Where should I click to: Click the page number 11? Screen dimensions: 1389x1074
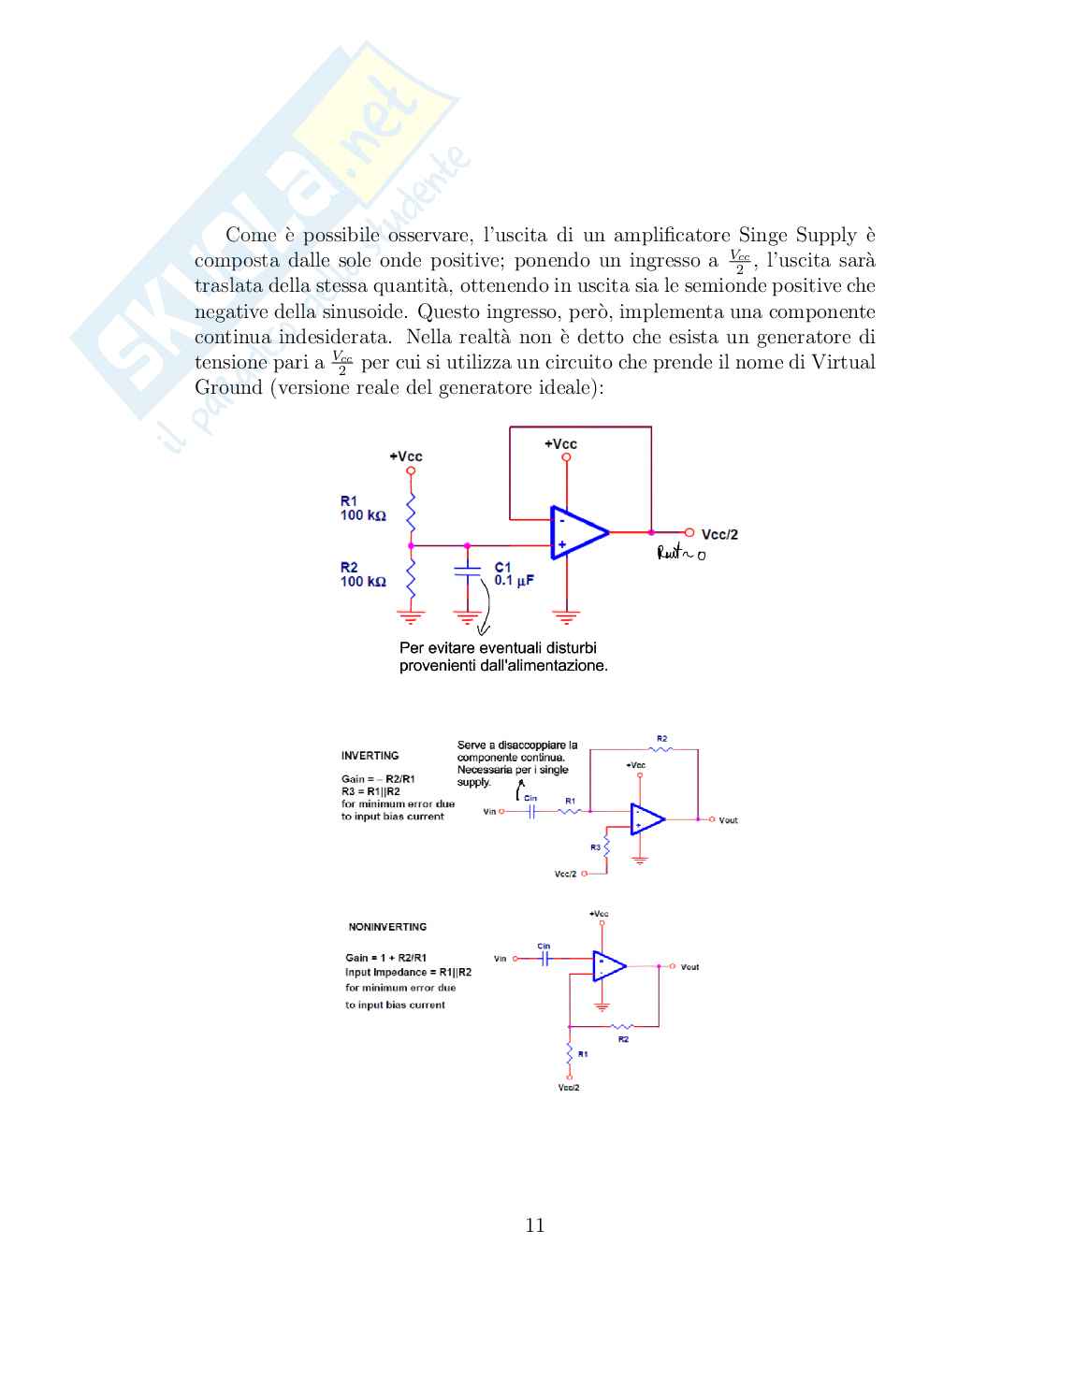(x=535, y=1225)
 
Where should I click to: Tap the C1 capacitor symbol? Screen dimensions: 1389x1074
(x=467, y=572)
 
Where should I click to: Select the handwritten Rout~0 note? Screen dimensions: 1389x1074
(x=681, y=554)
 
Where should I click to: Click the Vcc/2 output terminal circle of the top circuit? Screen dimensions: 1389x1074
(x=689, y=532)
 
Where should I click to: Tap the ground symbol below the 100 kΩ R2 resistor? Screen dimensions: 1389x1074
(x=411, y=615)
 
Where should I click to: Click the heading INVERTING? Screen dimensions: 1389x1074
(x=370, y=756)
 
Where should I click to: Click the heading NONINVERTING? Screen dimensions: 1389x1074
(x=387, y=927)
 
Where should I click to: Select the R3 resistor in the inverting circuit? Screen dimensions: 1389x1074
(x=607, y=847)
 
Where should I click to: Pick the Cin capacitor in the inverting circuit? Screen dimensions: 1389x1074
(x=530, y=811)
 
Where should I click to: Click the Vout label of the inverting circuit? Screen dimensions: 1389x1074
(x=728, y=820)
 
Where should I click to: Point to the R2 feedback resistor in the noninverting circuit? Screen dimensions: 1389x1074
(x=622, y=1027)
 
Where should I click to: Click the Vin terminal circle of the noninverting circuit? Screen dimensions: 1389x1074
(x=515, y=959)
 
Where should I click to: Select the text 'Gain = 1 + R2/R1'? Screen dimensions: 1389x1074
(x=385, y=958)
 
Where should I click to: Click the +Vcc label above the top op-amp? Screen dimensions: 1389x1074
(x=560, y=444)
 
